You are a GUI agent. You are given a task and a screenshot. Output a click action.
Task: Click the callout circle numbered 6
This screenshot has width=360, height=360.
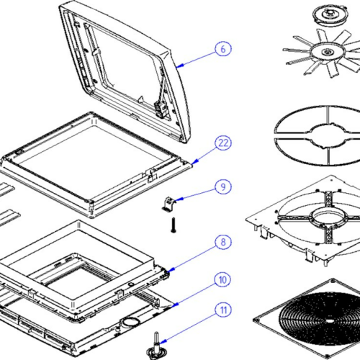tap(223, 49)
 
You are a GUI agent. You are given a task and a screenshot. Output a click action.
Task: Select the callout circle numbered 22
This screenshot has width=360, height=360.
tap(223, 143)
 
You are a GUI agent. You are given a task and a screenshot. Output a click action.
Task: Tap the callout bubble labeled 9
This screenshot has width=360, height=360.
tap(223, 186)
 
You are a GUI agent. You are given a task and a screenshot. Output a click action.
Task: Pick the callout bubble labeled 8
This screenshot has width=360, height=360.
tap(223, 242)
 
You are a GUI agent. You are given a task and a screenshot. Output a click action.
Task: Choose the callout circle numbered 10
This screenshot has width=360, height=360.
tap(222, 279)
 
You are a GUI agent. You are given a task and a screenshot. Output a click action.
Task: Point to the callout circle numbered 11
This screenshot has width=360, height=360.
tap(223, 310)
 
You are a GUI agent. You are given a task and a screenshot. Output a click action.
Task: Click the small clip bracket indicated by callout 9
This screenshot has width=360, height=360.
tap(169, 204)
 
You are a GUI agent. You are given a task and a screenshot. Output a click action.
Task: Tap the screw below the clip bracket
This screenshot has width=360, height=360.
tap(174, 225)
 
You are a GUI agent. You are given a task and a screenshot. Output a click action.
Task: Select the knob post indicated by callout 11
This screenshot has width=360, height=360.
tap(156, 346)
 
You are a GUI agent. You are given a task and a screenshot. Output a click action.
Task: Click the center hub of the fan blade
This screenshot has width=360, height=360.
tap(327, 52)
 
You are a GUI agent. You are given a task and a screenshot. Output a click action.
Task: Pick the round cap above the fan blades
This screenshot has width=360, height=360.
tap(330, 14)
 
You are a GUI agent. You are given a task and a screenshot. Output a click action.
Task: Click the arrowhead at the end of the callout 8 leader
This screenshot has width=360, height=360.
tap(171, 270)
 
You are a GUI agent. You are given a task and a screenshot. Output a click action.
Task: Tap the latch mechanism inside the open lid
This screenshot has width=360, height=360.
tap(160, 109)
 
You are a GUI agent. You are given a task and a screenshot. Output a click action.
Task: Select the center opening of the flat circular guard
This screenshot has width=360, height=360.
tap(328, 135)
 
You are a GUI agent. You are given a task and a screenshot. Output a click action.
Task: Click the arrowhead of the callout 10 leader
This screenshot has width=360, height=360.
tap(176, 305)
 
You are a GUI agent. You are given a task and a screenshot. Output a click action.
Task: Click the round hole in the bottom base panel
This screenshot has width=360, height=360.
tap(131, 321)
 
